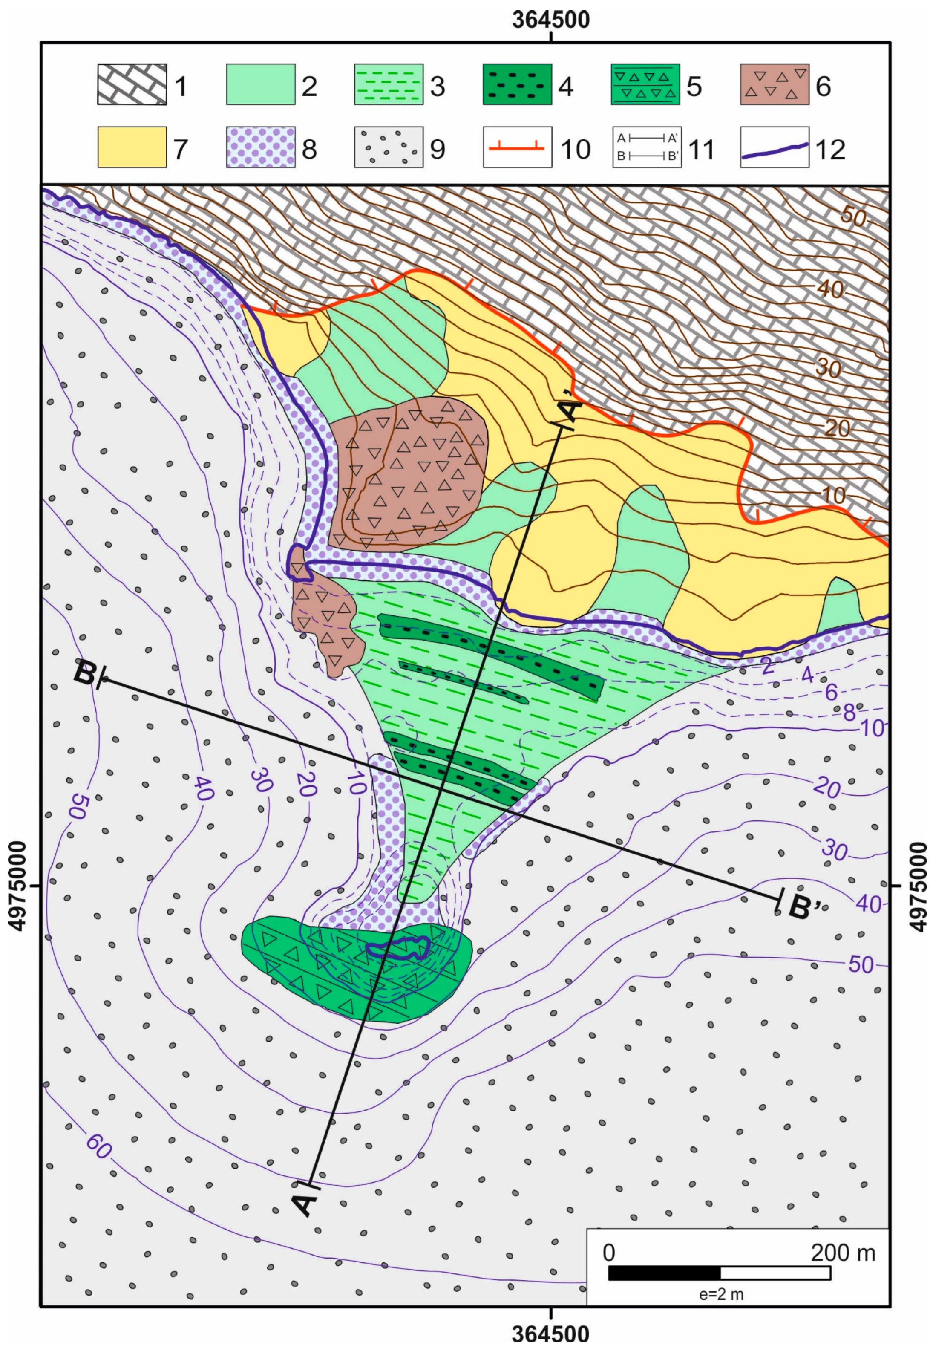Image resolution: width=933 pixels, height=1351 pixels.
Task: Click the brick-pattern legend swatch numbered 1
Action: pos(132,85)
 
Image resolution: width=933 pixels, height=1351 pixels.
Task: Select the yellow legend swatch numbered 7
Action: pos(132,147)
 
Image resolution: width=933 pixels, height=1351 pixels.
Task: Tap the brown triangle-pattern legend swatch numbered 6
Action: pos(775,85)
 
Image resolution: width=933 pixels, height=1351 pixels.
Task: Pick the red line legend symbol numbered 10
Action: pos(517,147)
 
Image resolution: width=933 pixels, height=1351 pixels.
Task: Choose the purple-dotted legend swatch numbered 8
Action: pos(260,147)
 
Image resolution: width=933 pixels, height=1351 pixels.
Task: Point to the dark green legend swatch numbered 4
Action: pos(517,85)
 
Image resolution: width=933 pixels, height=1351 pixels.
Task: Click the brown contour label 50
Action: pos(853,217)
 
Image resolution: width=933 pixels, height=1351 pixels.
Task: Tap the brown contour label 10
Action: pos(833,495)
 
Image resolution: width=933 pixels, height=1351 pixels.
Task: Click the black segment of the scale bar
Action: pos(664,1273)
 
